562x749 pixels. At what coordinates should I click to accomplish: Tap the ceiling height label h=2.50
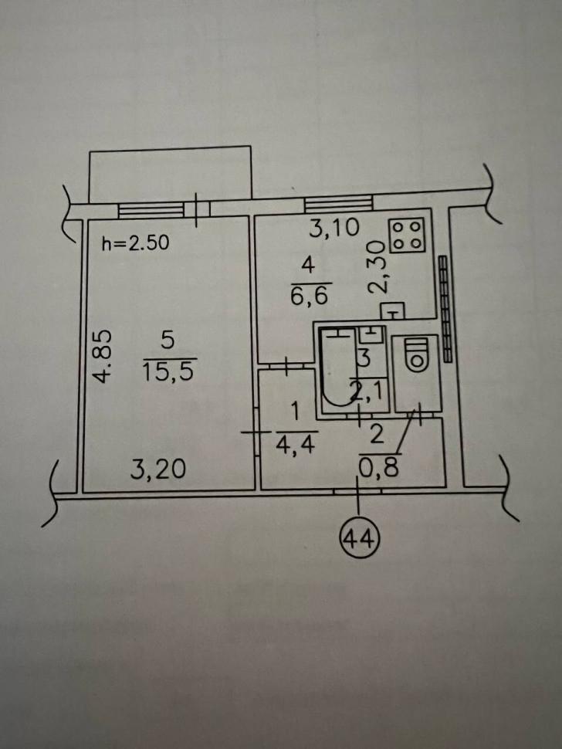click(x=136, y=243)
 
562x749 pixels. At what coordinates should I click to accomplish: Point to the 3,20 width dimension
click(x=158, y=469)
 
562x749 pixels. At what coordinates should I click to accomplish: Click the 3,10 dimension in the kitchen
click(x=333, y=228)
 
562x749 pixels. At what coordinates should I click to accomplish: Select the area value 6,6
click(x=309, y=297)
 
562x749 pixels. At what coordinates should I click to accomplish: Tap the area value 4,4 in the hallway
click(x=296, y=445)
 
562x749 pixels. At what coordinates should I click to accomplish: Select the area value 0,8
click(x=378, y=469)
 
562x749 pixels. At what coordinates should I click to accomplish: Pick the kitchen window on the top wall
click(x=339, y=204)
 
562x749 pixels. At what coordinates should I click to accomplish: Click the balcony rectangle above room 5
click(x=171, y=175)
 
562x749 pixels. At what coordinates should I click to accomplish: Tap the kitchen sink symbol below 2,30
click(x=392, y=311)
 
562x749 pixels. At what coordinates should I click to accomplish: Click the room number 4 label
click(x=309, y=265)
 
